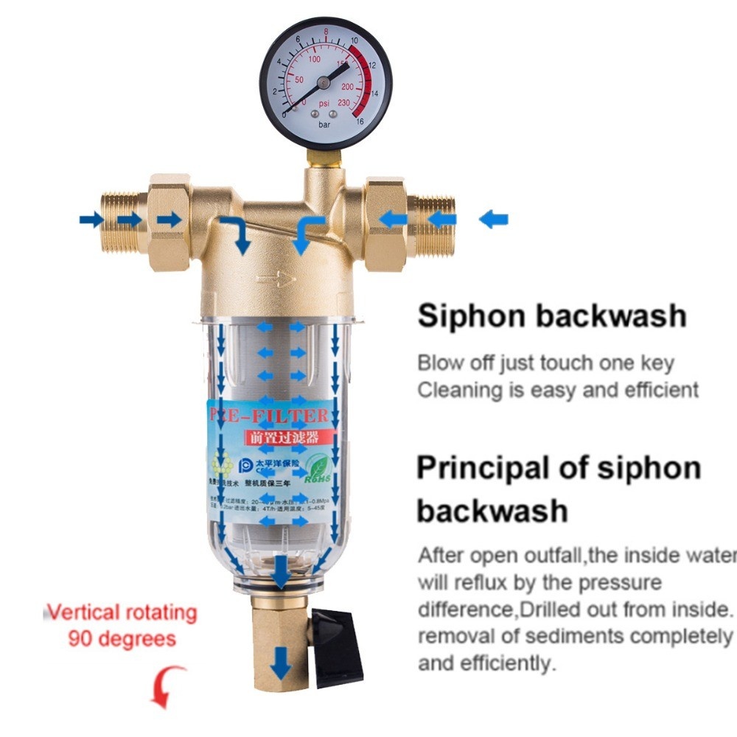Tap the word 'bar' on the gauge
click(325, 125)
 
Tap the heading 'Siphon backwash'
click(551, 316)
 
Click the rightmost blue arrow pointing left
click(493, 219)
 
